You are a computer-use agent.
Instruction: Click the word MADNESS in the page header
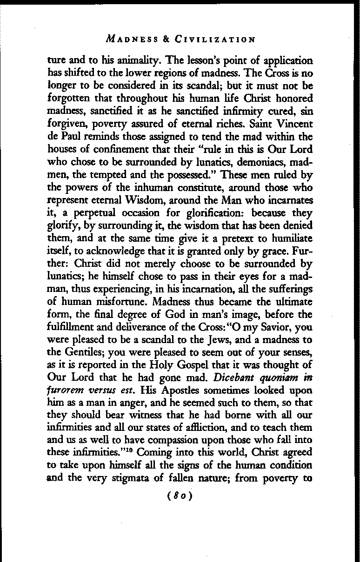coord(128,39)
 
